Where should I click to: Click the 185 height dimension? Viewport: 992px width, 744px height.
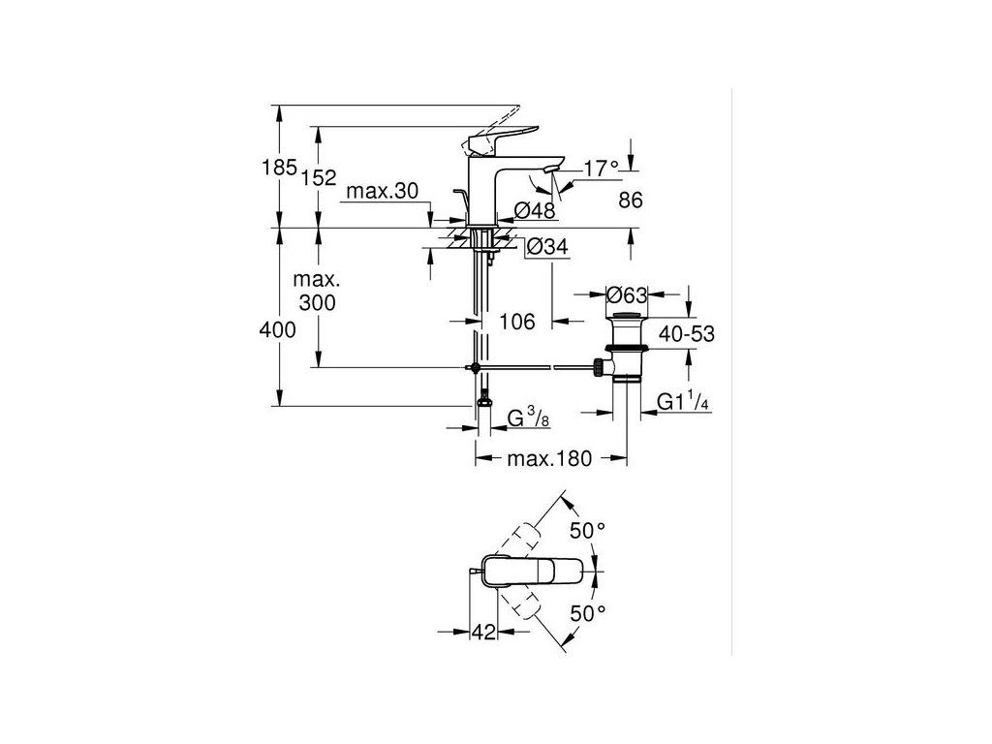(278, 168)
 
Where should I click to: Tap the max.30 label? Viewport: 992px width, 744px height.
(383, 192)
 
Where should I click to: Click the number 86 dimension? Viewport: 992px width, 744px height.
(630, 201)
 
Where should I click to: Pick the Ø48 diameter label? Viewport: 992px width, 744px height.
(535, 211)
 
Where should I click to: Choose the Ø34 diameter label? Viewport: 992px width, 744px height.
(546, 248)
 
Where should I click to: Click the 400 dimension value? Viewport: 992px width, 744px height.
(277, 330)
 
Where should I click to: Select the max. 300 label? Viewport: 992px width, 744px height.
(316, 291)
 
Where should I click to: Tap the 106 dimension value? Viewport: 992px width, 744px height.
(516, 322)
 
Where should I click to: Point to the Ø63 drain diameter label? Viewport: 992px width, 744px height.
(627, 294)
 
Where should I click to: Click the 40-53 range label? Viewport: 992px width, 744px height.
(688, 333)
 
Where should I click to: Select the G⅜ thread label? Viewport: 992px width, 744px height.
(531, 418)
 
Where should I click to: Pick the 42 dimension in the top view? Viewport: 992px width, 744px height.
(485, 633)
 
